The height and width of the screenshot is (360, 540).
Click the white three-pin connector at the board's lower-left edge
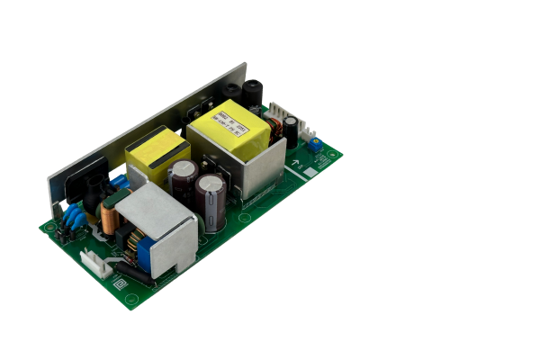(x=96, y=263)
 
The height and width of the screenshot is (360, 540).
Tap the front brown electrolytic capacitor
(x=213, y=199)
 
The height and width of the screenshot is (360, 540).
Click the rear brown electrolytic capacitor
(x=184, y=180)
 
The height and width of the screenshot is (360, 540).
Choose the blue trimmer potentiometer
(x=315, y=144)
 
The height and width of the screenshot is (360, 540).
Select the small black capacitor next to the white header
(x=292, y=135)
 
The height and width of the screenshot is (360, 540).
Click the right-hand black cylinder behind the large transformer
(x=251, y=94)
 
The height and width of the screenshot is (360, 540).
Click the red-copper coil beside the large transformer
(x=277, y=130)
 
